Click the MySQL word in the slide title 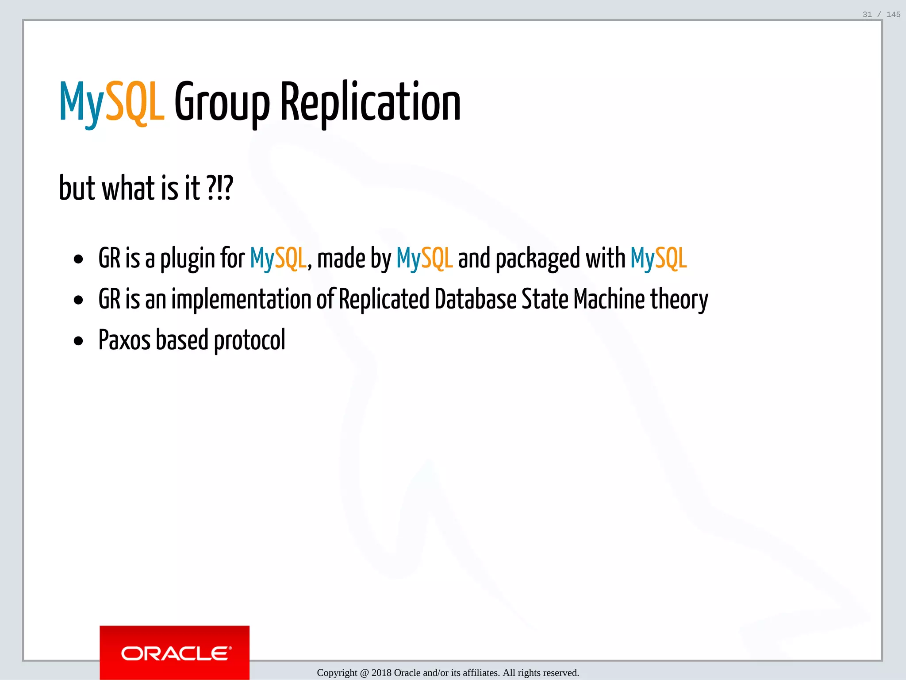(x=111, y=103)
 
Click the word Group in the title (x=222, y=103)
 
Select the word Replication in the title (x=370, y=103)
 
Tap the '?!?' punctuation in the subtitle (x=219, y=188)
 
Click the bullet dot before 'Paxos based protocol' (x=79, y=341)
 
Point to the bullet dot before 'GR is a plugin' (x=79, y=259)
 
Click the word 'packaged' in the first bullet (x=537, y=259)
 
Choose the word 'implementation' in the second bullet (x=241, y=299)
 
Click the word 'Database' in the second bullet (x=475, y=299)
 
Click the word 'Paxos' (x=124, y=340)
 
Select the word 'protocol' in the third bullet (x=250, y=341)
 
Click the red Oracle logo (x=174, y=653)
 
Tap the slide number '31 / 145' (x=881, y=15)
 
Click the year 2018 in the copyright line (x=381, y=673)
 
